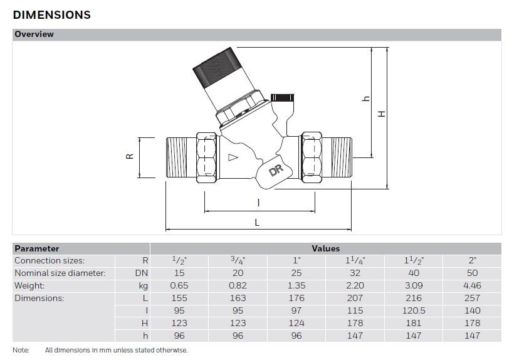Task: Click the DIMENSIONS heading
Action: [x=51, y=15]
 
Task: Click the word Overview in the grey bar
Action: [x=34, y=34]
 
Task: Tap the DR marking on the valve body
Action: [x=276, y=170]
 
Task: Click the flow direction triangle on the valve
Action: [x=233, y=157]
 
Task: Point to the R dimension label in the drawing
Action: [x=130, y=156]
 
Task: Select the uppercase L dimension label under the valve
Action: [x=257, y=223]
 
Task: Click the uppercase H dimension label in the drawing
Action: [x=382, y=114]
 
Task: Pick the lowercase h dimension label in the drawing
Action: [x=366, y=98]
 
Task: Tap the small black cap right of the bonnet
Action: [x=283, y=98]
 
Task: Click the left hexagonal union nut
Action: [x=206, y=157]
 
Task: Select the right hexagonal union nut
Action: [x=312, y=157]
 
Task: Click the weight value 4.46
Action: [x=472, y=285]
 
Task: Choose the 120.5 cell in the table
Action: [x=414, y=310]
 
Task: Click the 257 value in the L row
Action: [x=472, y=298]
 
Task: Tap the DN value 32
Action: [x=355, y=273]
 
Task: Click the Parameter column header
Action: [x=37, y=248]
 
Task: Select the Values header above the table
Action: [x=325, y=248]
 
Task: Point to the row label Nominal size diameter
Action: [x=60, y=273]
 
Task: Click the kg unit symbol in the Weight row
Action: [x=144, y=286]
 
